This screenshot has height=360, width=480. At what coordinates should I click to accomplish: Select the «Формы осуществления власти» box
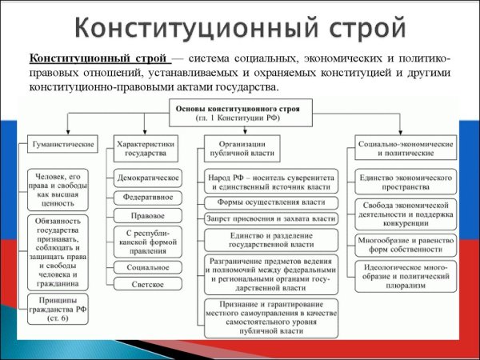click(x=270, y=202)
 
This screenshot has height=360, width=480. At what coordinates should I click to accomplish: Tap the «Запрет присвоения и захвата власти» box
click(x=270, y=218)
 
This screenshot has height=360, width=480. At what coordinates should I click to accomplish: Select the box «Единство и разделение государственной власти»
click(x=270, y=239)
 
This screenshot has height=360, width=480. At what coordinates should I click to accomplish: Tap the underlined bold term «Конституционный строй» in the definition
click(x=98, y=59)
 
